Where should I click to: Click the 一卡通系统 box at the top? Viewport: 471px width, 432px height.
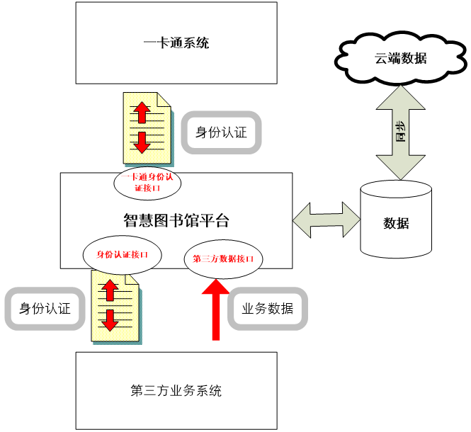tap(176, 43)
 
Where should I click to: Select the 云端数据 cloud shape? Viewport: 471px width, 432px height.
tap(401, 58)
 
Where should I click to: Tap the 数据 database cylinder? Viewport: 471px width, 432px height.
tap(396, 221)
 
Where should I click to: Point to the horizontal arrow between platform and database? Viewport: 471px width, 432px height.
tap(327, 220)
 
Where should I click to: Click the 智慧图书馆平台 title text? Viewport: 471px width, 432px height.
tap(176, 220)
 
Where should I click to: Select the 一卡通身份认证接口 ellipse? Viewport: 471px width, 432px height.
tap(147, 183)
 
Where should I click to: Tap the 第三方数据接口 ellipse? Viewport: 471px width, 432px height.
tap(223, 258)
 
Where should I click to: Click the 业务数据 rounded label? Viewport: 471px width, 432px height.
tap(268, 309)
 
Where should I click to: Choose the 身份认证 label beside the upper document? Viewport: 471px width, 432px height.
tap(221, 132)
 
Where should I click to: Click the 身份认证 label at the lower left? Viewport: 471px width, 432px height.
tap(45, 309)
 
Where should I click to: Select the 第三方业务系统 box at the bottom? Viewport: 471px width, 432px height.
tap(176, 390)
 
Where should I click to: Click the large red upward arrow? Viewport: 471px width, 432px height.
tap(216, 309)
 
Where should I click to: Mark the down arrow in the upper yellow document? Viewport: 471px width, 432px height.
tap(142, 142)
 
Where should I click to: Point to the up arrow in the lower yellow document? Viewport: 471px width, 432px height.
tap(110, 289)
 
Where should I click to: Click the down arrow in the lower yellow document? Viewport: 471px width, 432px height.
tap(110, 319)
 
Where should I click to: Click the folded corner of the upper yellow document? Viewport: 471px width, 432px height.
tap(164, 101)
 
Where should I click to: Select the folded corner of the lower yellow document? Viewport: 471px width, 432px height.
tap(132, 278)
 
